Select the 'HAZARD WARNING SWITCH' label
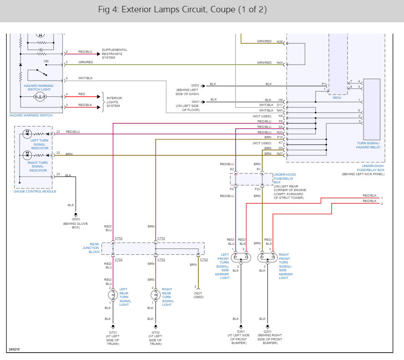[31, 116]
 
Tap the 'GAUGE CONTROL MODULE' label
[35, 191]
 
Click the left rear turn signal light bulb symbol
[113, 294]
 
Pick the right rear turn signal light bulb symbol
[156, 294]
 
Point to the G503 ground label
[76, 219]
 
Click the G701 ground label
[113, 332]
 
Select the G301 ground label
[241, 331]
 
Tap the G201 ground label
[268, 331]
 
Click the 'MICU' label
[337, 98]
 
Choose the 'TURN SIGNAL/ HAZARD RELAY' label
[368, 145]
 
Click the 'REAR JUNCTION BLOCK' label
[91, 248]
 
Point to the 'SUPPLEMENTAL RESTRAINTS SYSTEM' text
[114, 54]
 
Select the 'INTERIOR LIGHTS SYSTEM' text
[114, 102]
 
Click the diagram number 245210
[14, 349]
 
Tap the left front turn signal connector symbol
[241, 258]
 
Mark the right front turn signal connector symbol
[268, 258]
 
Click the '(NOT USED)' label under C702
[198, 295]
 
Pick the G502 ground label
[195, 85]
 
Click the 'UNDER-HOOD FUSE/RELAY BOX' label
[285, 178]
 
